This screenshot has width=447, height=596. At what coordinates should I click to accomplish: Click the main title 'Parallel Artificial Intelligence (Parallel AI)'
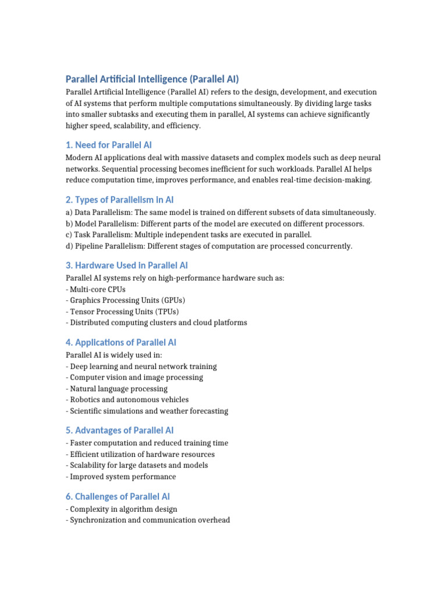coord(152,79)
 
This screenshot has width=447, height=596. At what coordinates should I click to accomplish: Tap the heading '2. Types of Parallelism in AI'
coord(120,200)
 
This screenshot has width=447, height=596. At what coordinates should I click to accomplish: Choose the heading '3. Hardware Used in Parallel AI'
coord(127,265)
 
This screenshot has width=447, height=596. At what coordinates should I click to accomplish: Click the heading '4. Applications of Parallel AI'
coord(121,342)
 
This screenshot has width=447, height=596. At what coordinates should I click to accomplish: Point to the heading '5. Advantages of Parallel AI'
coord(120,430)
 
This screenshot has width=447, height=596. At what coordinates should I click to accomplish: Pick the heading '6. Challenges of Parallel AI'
coord(118,496)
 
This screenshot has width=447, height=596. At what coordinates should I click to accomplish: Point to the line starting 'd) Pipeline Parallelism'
coord(209,246)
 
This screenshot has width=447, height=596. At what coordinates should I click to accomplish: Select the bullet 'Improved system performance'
coord(121,477)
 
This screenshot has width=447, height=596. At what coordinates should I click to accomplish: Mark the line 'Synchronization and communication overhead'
coord(148,520)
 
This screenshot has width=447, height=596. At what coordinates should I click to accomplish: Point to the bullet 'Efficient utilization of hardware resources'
coord(140,454)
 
